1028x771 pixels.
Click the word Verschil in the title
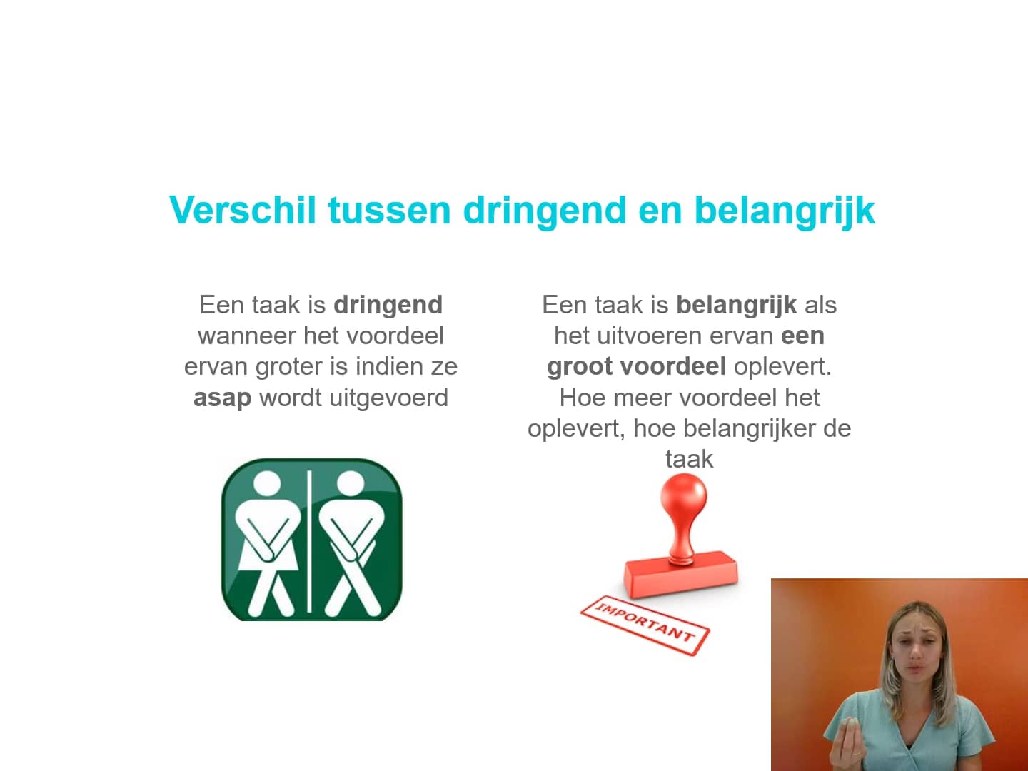click(242, 210)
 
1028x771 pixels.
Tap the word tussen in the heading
click(389, 210)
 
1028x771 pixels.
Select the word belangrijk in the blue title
click(784, 211)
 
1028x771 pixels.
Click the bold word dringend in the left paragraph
click(388, 305)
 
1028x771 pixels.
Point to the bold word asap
click(222, 398)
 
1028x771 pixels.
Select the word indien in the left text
click(389, 366)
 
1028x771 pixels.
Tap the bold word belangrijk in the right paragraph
click(736, 305)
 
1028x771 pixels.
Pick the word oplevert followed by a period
click(782, 366)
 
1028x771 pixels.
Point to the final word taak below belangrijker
click(689, 459)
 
